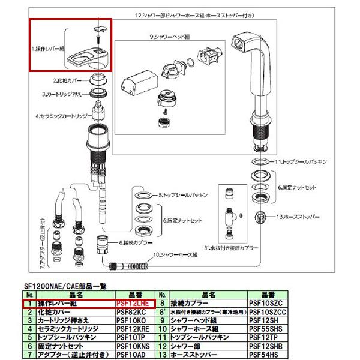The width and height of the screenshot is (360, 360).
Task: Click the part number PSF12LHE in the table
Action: point(134,304)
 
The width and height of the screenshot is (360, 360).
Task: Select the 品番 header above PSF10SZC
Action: point(268,296)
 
